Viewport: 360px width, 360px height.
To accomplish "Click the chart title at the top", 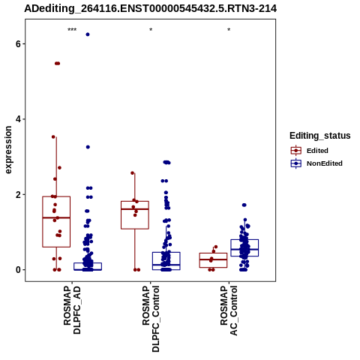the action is click(x=151, y=8).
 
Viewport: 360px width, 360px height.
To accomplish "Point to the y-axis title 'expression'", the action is click(x=8, y=150).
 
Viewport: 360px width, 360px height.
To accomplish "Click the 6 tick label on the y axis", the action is click(x=18, y=43).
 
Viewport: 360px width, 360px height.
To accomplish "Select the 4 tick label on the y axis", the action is click(x=18, y=119).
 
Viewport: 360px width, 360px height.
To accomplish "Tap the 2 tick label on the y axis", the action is click(x=18, y=194).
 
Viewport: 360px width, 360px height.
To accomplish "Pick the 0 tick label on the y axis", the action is click(x=18, y=270).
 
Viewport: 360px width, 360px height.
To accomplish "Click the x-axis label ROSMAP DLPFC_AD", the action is click(x=72, y=310).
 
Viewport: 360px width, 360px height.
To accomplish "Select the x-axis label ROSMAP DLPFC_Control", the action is click(x=151, y=319).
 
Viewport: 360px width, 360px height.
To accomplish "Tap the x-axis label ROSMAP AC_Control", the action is click(x=229, y=310).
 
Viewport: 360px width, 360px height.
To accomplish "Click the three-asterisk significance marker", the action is click(x=72, y=30).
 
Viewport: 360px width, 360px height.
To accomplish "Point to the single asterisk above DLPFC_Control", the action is click(x=151, y=30).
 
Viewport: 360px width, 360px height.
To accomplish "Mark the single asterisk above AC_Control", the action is click(x=229, y=30).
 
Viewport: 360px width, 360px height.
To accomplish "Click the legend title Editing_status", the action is click(x=320, y=136).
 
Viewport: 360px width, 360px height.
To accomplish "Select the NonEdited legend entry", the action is click(x=316, y=163).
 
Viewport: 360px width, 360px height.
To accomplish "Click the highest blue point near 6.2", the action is click(x=88, y=34).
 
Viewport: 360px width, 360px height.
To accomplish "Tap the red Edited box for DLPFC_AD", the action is click(x=56, y=222).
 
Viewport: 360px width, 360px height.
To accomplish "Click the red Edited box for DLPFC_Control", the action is click(x=135, y=215).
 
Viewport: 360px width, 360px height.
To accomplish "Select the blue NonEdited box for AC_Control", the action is click(x=244, y=247).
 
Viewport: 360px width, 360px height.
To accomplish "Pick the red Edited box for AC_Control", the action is click(x=213, y=260).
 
